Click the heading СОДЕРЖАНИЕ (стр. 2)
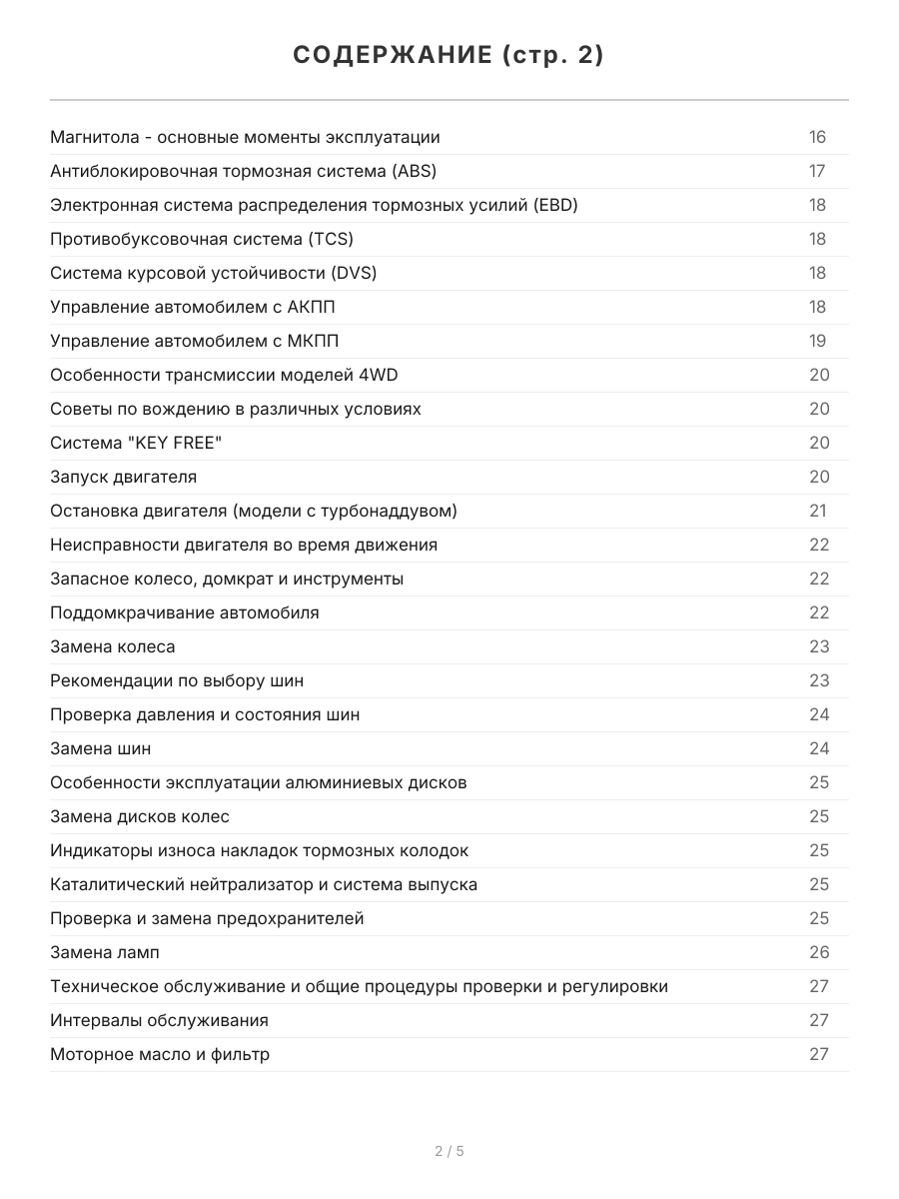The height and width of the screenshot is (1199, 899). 449,56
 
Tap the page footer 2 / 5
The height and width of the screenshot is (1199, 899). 449,1151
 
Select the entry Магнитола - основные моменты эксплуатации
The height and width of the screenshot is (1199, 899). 245,138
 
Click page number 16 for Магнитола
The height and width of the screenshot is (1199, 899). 818,138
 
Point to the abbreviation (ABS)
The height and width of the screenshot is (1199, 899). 415,172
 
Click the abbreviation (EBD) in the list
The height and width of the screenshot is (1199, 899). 555,206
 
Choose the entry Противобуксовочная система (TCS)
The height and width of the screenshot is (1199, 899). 202,240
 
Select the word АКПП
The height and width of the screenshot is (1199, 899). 318,308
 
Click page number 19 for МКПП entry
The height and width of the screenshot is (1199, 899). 818,342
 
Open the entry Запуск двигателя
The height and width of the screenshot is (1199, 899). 123,478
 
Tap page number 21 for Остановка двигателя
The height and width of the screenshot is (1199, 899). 818,512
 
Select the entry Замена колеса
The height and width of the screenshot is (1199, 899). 113,647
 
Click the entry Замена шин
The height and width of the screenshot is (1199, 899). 101,749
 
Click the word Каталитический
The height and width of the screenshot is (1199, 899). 113,885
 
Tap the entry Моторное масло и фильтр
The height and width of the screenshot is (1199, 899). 160,1055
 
